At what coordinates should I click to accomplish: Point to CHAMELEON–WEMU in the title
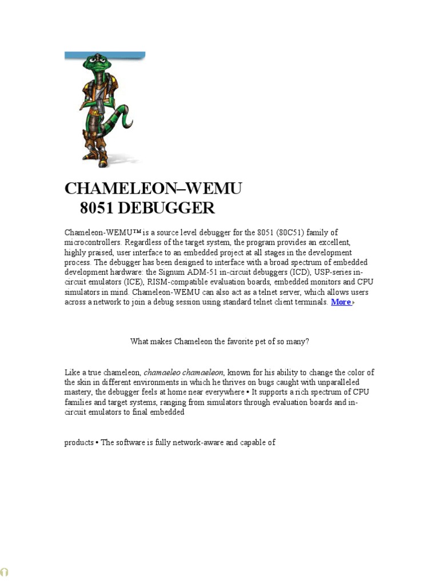[x=153, y=188]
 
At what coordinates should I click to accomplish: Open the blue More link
[x=341, y=302]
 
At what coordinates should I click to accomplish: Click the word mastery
[x=78, y=392]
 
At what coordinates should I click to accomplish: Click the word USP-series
[x=341, y=272]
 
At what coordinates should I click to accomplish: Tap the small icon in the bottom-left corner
[x=5, y=572]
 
